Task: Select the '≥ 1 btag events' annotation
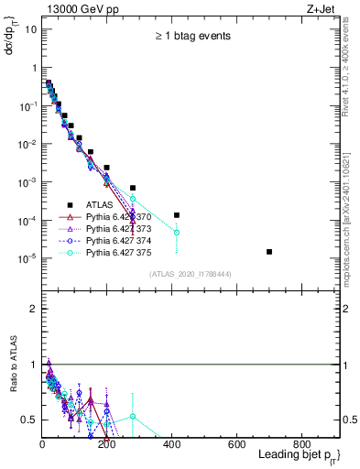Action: coord(191,36)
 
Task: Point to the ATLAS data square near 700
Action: coord(269,251)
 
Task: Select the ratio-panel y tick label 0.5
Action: coord(29,420)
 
